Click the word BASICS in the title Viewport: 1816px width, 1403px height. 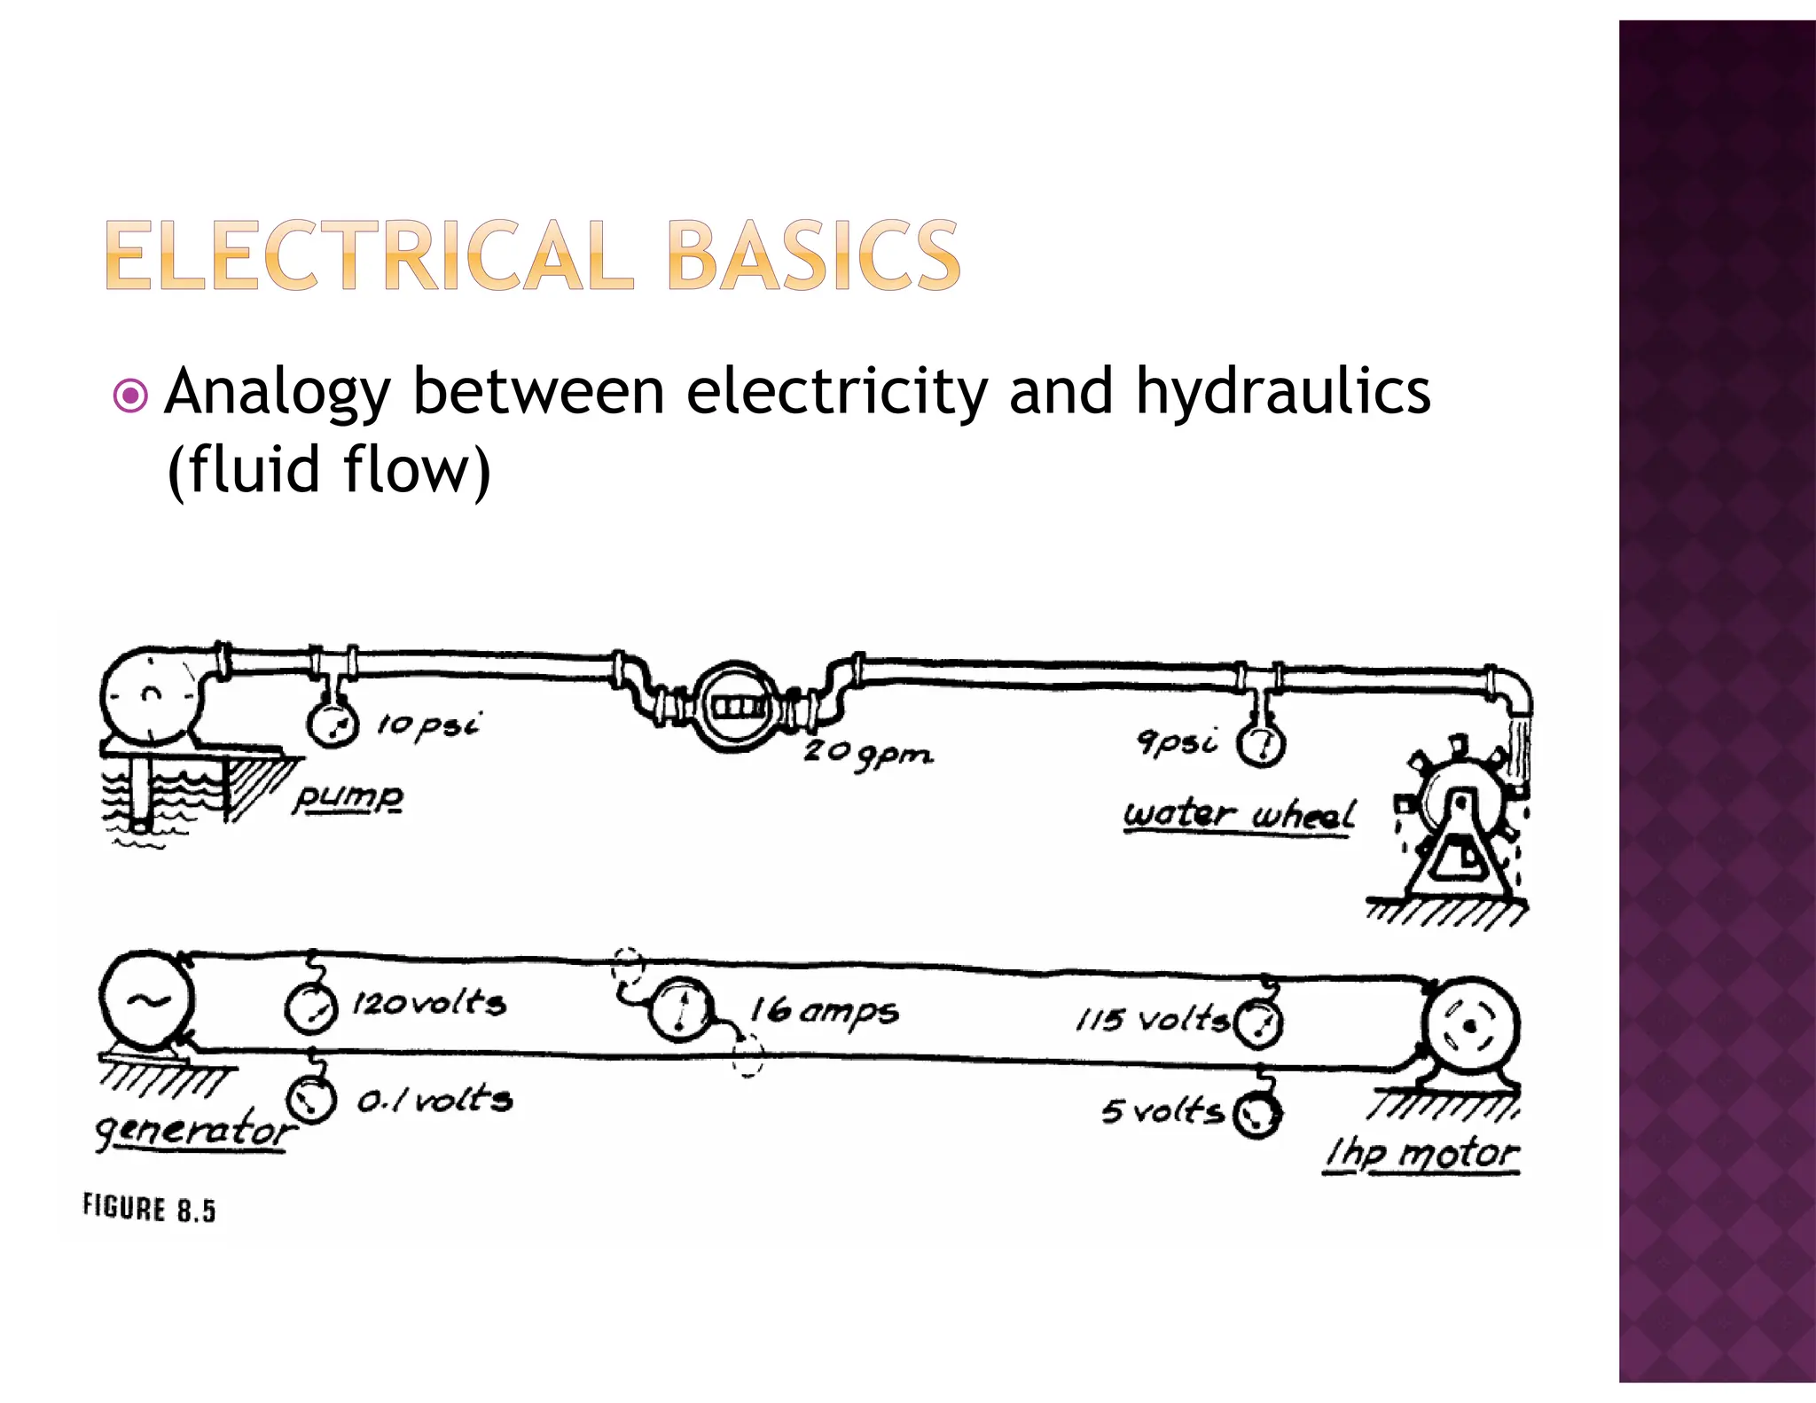point(813,256)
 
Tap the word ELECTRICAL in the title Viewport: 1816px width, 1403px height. point(369,256)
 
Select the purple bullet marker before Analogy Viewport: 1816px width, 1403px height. point(131,396)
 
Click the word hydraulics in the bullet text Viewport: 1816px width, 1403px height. point(1282,391)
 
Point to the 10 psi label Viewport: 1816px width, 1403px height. point(427,725)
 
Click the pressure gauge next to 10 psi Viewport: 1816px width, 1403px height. point(333,723)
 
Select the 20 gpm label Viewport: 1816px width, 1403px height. point(867,755)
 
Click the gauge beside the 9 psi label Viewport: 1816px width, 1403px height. point(1261,744)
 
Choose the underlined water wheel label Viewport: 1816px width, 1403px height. point(1239,814)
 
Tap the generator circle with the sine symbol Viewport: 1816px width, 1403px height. point(146,999)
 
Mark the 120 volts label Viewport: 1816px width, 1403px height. point(429,1004)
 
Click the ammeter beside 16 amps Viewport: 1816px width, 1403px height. point(681,1008)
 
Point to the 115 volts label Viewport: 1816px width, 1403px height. point(1152,1020)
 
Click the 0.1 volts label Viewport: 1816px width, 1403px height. point(434,1101)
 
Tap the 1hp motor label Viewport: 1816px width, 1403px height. point(1421,1154)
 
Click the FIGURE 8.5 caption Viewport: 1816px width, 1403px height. point(149,1209)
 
